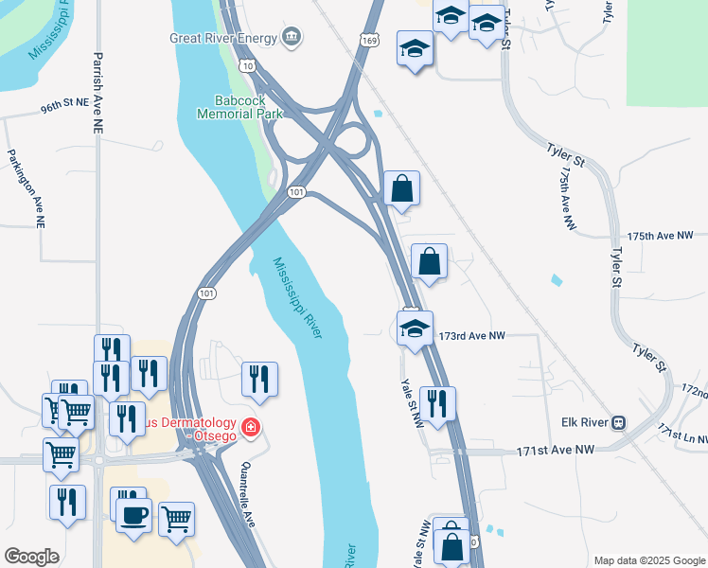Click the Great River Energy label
pos(223,39)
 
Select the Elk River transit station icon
pos(619,422)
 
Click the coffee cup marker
pos(133,515)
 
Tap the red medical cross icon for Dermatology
pos(250,428)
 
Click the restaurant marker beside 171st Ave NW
pos(437,403)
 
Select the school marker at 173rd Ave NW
pos(415,328)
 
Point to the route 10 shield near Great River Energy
pos(247,66)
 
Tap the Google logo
pos(31,557)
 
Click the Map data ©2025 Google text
pos(648,560)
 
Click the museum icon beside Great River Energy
pos(292,38)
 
